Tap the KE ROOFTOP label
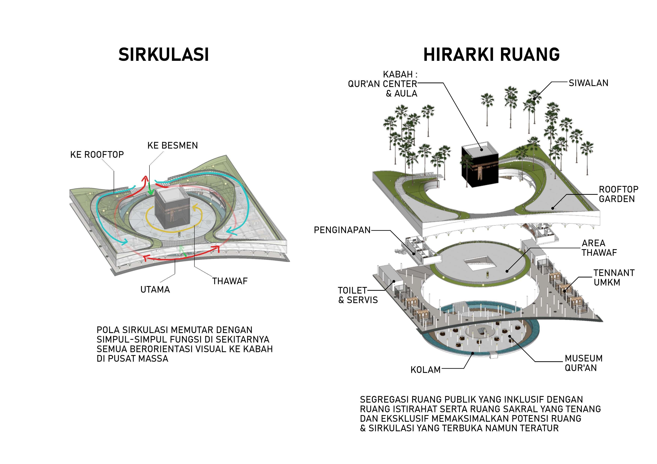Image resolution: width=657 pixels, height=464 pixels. (97, 155)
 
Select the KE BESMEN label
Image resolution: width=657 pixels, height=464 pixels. (172, 146)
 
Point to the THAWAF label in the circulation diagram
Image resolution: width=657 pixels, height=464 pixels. (230, 281)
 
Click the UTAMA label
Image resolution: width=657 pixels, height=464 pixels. (155, 290)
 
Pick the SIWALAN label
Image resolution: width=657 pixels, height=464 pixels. (588, 83)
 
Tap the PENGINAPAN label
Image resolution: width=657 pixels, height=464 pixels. (342, 230)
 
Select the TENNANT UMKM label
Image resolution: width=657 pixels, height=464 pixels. (614, 278)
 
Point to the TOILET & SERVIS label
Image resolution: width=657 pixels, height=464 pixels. (358, 295)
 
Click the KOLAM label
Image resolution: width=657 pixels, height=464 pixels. (426, 370)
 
